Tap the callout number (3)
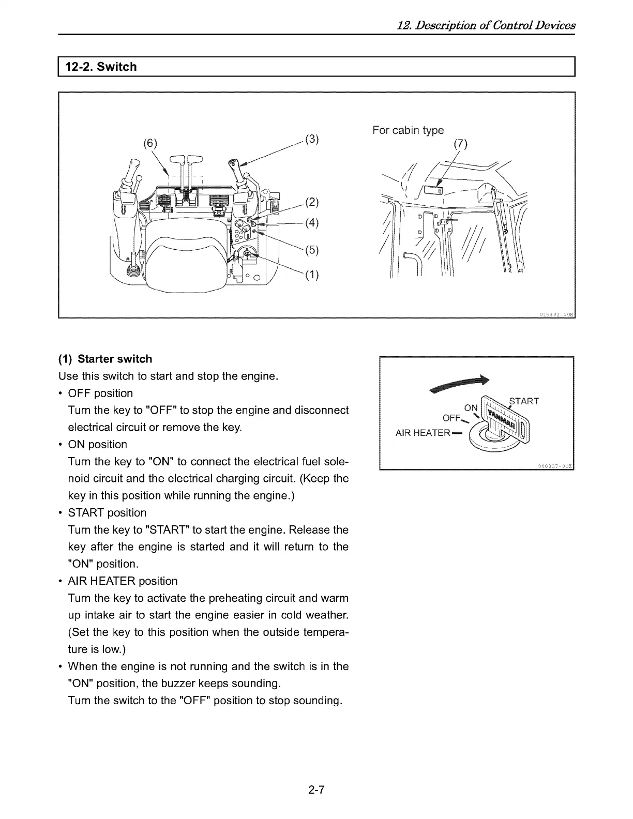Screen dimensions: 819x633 pos(312,139)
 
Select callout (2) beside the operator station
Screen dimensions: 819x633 pos(312,202)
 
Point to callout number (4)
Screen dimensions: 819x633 pos(312,223)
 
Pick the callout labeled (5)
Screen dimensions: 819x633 pos(312,250)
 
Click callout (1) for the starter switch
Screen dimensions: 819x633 pos(312,275)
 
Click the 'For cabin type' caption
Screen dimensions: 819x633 pos(408,130)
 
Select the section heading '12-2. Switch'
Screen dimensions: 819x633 pos(101,67)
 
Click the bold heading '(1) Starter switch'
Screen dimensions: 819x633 pos(106,359)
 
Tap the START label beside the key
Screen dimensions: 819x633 pos(524,401)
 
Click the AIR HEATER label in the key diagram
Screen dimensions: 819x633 pos(423,433)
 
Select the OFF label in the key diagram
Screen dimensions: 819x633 pos(451,418)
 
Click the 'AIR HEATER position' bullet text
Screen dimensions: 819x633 pos(123,581)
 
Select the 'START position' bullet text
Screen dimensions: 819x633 pos(107,513)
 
